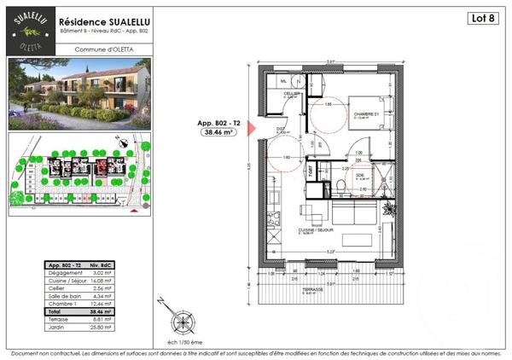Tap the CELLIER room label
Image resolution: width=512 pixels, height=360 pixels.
click(294, 94)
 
